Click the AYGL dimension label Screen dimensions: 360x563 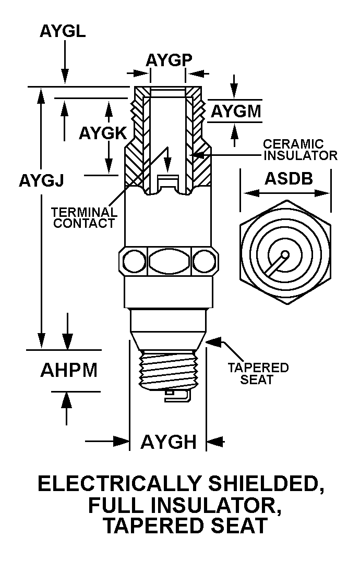63,31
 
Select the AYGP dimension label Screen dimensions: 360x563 169,60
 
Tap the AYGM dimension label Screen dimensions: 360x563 236,112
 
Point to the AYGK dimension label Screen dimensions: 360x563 103,133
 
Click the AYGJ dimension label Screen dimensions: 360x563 41,180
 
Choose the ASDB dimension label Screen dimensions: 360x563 289,178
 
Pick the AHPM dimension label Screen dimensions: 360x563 69,370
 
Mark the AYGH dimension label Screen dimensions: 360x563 169,442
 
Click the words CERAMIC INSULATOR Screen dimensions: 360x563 300,150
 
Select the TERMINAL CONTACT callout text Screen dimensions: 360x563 84,217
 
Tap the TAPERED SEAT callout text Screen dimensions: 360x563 258,374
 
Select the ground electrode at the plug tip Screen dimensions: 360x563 177,396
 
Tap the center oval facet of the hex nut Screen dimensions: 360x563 169,261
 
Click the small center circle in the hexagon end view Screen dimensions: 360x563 285,255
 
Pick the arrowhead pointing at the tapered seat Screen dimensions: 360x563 214,341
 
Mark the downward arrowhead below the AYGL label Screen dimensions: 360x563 65,77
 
